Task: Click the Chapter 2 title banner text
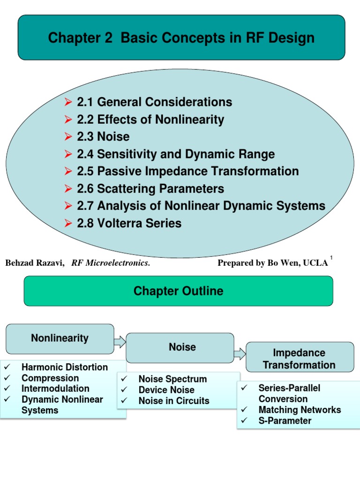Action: click(181, 38)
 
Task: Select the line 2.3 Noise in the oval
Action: click(113, 136)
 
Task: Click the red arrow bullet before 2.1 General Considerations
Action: click(68, 102)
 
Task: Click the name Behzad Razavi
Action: click(34, 263)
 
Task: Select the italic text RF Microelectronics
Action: click(111, 263)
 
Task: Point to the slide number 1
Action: click(331, 258)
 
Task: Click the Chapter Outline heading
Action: click(178, 291)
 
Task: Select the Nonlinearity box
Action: click(60, 338)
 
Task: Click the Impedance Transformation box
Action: click(299, 359)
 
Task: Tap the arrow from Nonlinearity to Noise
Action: click(120, 342)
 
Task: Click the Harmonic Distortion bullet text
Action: click(65, 367)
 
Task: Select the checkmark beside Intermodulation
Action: click(7, 389)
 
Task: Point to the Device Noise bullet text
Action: click(166, 390)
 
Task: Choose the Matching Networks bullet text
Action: click(300, 410)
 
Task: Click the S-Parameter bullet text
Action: click(285, 420)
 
